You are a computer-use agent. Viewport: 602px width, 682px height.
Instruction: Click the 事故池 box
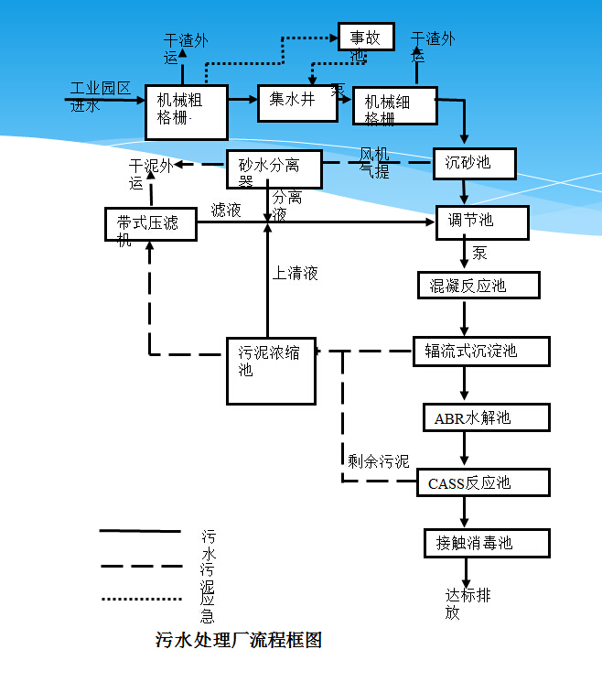(366, 37)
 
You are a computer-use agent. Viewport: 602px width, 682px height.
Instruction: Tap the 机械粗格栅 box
(186, 111)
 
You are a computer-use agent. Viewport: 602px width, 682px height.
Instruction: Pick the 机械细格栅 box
(391, 105)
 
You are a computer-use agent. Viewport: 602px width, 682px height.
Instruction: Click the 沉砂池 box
(474, 163)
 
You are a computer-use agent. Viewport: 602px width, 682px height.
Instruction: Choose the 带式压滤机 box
(151, 224)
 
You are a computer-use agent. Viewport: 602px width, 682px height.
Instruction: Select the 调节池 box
(482, 222)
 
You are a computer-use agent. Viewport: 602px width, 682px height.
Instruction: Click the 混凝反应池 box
(478, 286)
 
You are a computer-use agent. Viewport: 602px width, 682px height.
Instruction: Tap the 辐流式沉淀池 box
(481, 352)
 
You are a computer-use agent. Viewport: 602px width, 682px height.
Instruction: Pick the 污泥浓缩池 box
(272, 371)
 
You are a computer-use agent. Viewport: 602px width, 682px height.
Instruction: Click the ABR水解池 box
(486, 417)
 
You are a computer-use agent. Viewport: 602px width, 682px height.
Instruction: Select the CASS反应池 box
(485, 482)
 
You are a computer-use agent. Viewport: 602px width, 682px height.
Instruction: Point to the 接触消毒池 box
(487, 543)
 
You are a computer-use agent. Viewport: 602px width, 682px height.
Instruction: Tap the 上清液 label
(296, 273)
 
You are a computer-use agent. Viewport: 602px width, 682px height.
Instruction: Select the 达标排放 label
(468, 604)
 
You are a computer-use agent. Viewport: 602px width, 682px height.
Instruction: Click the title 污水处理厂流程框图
(239, 640)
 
